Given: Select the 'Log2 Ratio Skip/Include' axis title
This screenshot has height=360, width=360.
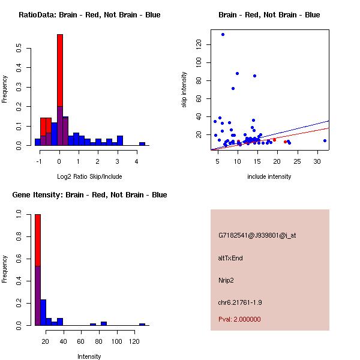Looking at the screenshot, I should point(89,176).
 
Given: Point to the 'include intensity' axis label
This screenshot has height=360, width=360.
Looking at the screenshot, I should point(269,176).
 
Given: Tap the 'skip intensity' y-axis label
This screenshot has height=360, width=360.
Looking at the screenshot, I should point(184,90).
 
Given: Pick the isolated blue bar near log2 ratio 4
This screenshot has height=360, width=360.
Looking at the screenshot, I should point(142,144).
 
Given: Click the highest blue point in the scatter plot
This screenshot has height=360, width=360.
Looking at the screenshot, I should point(223,34).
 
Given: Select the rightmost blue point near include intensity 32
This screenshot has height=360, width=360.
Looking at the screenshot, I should point(325,140).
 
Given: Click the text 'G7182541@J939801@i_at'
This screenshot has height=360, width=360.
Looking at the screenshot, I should point(257,235).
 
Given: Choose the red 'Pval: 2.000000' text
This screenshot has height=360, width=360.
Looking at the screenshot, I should point(239,319).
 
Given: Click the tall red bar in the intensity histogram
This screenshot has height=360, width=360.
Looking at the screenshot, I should point(38,240).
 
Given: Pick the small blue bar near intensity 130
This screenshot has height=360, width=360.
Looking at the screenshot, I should point(142,324).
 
